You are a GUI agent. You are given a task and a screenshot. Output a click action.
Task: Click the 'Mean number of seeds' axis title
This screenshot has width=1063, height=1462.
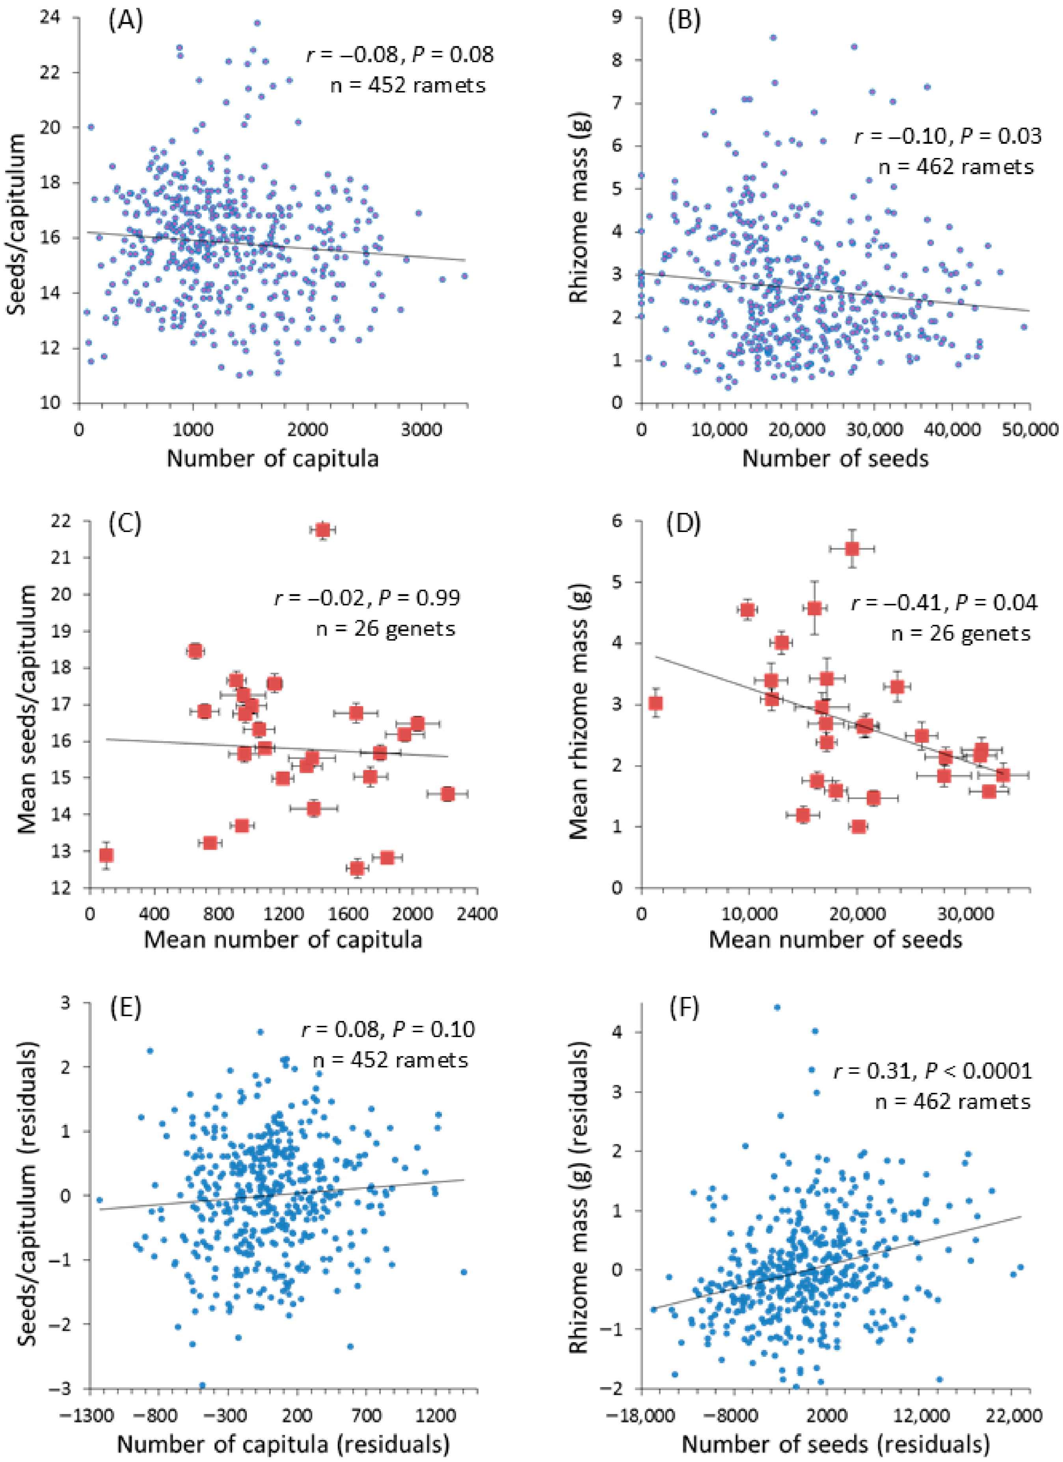pyautogui.click(x=836, y=939)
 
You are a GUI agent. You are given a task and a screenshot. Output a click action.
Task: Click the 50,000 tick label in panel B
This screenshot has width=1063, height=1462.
pyautogui.click(x=1029, y=428)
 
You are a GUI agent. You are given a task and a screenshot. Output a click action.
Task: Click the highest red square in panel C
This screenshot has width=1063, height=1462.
pyautogui.click(x=323, y=530)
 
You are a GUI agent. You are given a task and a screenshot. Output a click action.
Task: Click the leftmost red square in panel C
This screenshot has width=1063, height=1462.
pyautogui.click(x=106, y=856)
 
